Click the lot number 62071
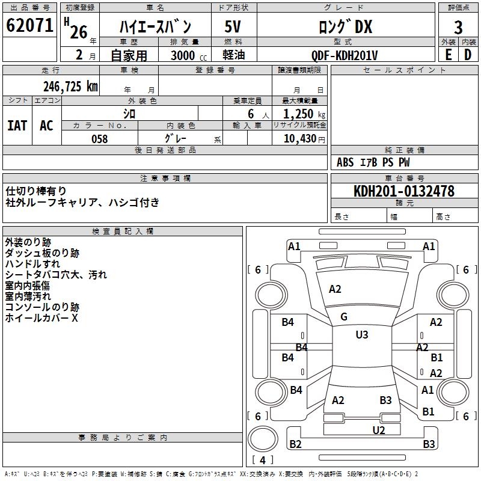[x=28, y=26]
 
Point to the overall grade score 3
[x=458, y=28]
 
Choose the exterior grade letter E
[x=448, y=55]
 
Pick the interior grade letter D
[x=468, y=55]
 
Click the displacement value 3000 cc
[x=187, y=55]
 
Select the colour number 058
[x=99, y=138]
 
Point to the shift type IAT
[x=17, y=125]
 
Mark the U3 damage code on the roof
[x=361, y=335]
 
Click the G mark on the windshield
[x=344, y=317]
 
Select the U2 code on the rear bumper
[x=378, y=429]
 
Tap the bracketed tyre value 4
[x=263, y=460]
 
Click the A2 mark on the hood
[x=335, y=289]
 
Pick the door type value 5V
[x=233, y=28]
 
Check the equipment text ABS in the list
[x=345, y=162]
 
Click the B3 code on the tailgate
[x=385, y=400]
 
